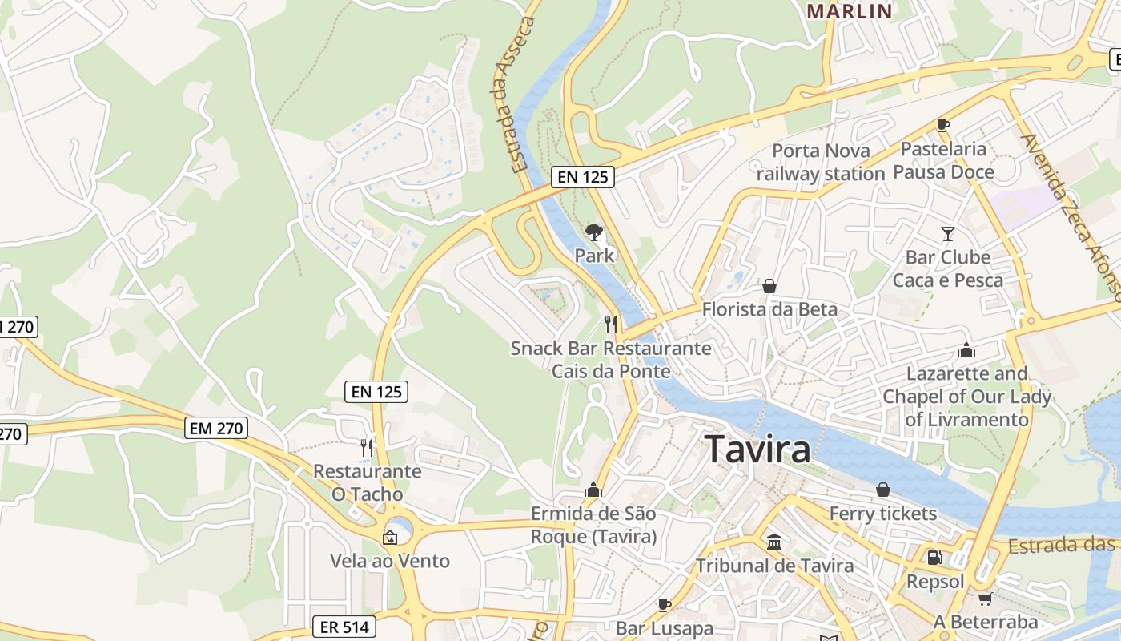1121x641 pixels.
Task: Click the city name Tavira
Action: pos(757,450)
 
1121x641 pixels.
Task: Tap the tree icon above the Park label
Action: pos(593,232)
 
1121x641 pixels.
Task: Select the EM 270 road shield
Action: pos(216,429)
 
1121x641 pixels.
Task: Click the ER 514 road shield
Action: pos(344,627)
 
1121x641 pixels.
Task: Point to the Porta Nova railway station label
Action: pos(820,162)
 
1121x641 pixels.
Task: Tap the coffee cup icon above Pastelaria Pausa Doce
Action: pos(943,125)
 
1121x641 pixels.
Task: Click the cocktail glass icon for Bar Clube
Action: pos(948,234)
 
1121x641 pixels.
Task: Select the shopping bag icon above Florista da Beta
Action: pos(769,286)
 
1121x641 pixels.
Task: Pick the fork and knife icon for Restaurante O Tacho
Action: pos(367,447)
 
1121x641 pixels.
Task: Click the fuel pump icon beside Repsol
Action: pos(934,558)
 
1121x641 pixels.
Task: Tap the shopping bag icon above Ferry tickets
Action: pos(882,490)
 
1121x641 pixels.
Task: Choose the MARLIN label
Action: pos(849,11)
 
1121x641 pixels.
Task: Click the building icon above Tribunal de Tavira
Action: pos(773,542)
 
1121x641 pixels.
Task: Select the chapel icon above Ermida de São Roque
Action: pos(593,490)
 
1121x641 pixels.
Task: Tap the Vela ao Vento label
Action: pos(390,561)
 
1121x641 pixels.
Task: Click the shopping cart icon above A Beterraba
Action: pos(985,599)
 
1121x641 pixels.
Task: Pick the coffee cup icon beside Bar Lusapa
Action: pos(664,605)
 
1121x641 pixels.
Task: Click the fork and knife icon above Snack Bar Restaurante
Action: pos(610,324)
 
